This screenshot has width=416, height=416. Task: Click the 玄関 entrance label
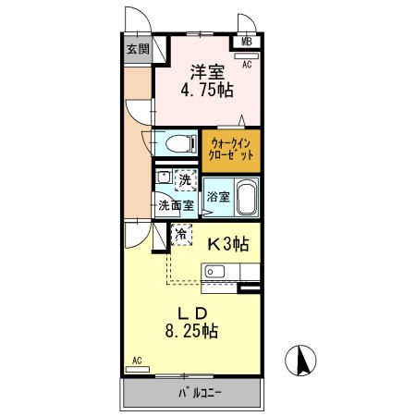tap(138, 49)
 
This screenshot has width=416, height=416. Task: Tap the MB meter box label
tap(247, 42)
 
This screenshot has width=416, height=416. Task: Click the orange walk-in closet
tap(231, 149)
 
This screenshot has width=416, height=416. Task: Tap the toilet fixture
tap(178, 143)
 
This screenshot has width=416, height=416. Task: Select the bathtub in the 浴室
tap(246, 197)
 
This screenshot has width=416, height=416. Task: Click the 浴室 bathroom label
tap(217, 197)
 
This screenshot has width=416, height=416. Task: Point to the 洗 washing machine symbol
tap(185, 178)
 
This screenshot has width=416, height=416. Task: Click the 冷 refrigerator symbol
tap(182, 235)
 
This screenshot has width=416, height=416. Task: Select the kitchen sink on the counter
tap(214, 271)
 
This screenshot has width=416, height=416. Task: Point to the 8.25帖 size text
tap(192, 330)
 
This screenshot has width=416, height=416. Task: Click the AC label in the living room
tap(136, 361)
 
